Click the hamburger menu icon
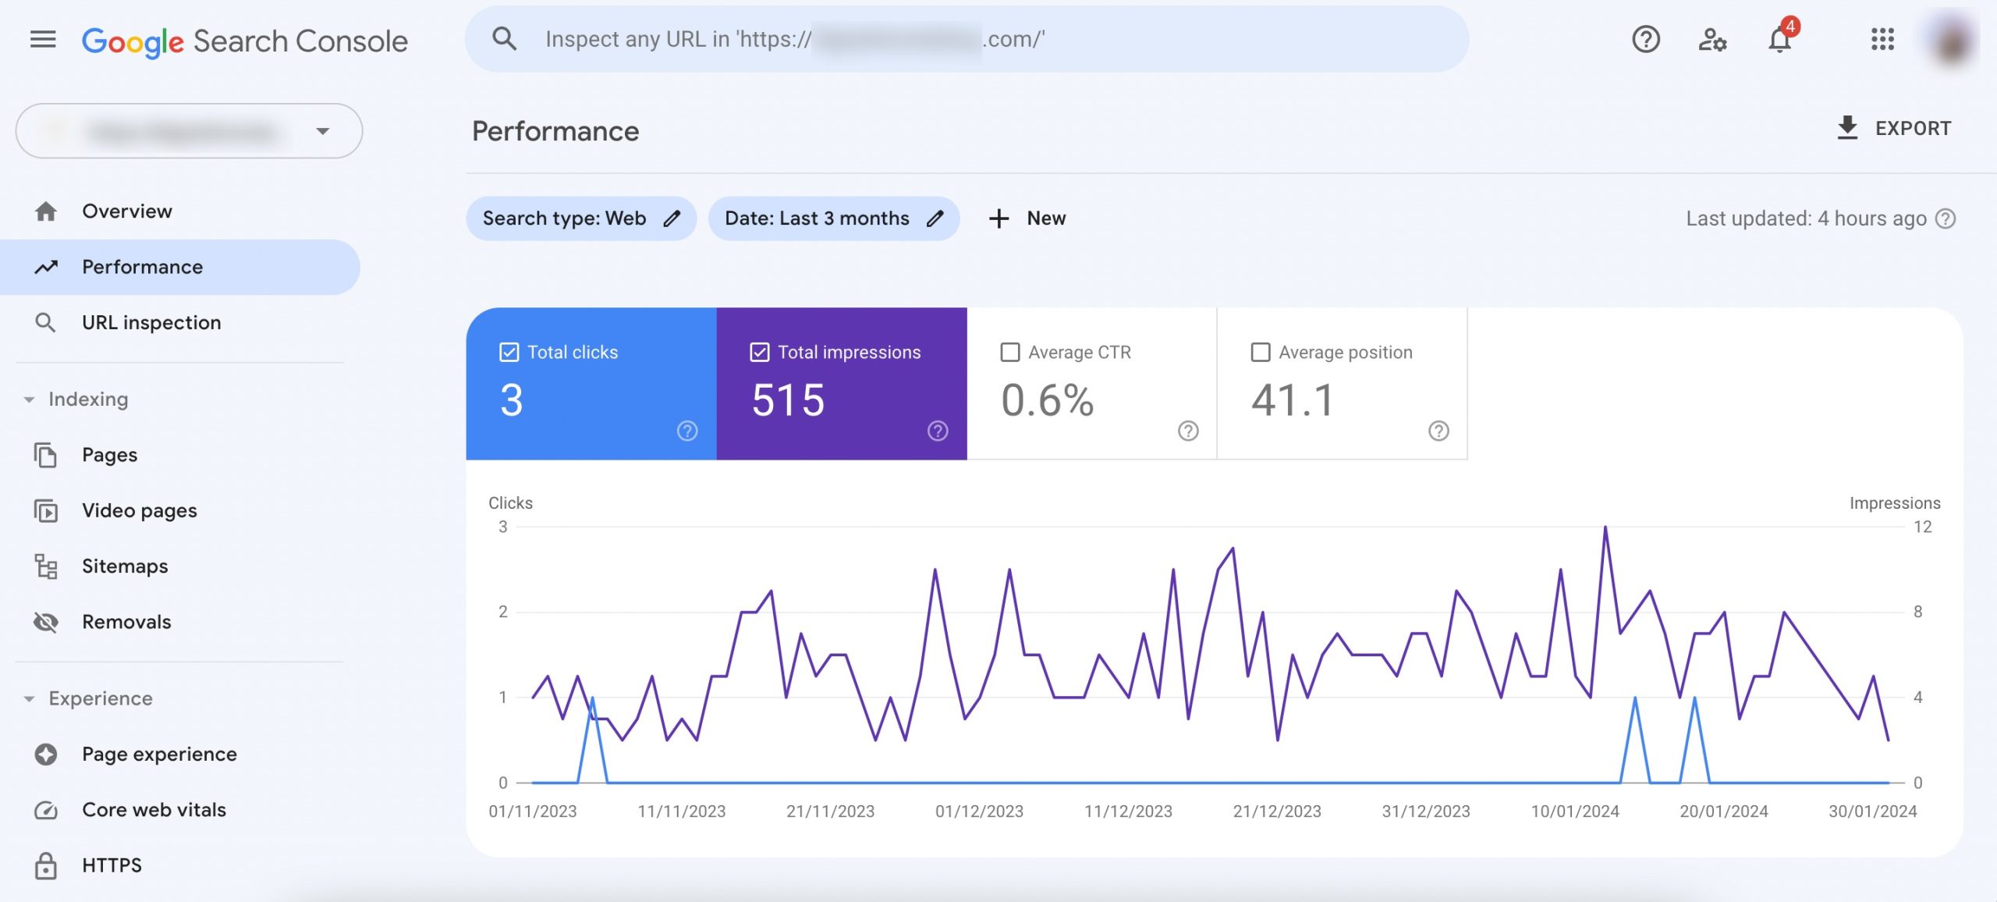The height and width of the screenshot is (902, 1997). (43, 39)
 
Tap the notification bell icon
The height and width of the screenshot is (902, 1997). (1779, 40)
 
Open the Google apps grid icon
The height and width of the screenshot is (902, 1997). (1882, 39)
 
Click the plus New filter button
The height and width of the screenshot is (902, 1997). (1027, 218)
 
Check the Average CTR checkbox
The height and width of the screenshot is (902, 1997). (1010, 353)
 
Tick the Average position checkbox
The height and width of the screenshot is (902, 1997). (1261, 353)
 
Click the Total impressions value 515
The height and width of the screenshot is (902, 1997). (788, 400)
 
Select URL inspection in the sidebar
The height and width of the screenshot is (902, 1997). (151, 322)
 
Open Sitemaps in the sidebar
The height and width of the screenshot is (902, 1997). (125, 566)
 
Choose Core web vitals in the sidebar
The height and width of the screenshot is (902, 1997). (154, 809)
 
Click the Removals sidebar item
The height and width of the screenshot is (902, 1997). (126, 622)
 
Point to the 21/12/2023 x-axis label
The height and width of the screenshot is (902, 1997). (1277, 811)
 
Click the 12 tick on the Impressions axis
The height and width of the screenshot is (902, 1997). (1922, 527)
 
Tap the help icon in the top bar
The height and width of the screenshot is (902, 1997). (1646, 39)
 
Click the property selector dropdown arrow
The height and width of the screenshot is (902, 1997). (323, 131)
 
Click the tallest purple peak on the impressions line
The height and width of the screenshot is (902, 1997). (1605, 528)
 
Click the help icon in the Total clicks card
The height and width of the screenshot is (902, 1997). (687, 431)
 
